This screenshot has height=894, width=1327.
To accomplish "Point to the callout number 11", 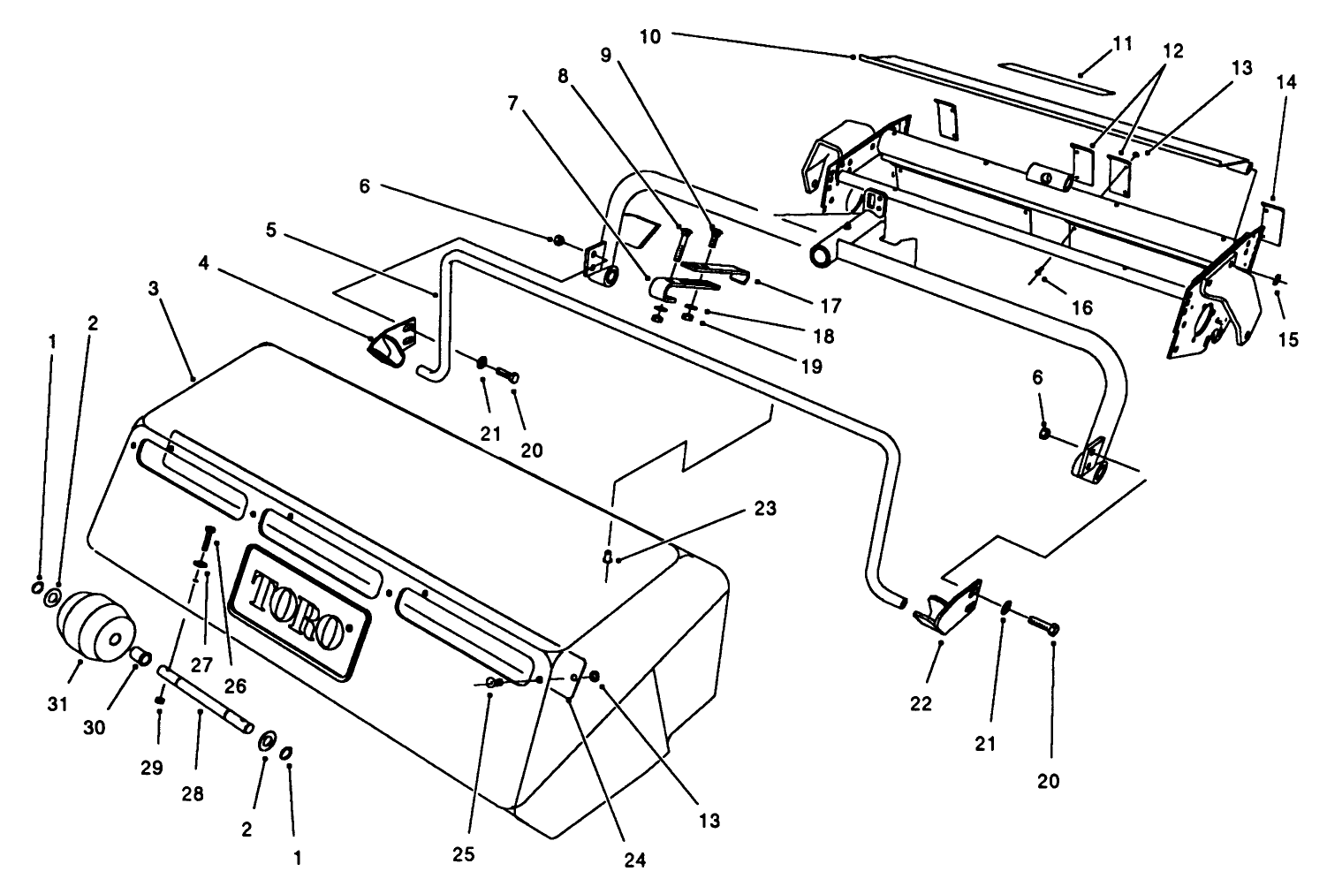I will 1123,44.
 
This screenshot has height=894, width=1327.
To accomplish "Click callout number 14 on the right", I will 1286,82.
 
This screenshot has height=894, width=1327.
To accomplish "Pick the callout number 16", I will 1082,307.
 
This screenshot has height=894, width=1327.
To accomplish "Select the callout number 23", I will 765,508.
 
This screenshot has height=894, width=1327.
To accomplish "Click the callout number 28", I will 192,793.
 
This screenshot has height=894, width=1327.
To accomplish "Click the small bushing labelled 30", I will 139,656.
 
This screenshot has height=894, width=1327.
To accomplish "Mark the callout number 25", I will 464,854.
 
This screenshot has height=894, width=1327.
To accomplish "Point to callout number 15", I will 1288,339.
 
